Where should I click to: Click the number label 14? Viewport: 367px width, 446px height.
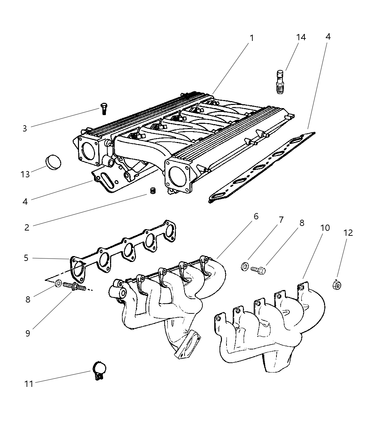point(301,37)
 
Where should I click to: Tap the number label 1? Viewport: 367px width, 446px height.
point(251,37)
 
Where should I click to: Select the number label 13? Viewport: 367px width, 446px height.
point(25,174)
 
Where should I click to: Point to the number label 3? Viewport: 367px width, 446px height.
point(24,128)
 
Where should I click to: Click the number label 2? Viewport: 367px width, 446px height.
point(27,227)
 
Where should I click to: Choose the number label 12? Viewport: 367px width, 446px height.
point(348,233)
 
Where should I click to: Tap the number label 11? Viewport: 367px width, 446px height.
point(29,384)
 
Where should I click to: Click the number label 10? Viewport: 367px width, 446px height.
point(325,228)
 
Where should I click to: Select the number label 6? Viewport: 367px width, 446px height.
point(256,217)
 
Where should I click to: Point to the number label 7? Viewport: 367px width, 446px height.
point(281,220)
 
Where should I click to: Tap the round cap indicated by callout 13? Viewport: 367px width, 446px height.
point(53,163)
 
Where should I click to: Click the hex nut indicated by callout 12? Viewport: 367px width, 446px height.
point(337,285)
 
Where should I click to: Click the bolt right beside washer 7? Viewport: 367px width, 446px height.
point(258,270)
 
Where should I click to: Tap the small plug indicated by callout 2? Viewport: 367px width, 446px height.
point(152,191)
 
